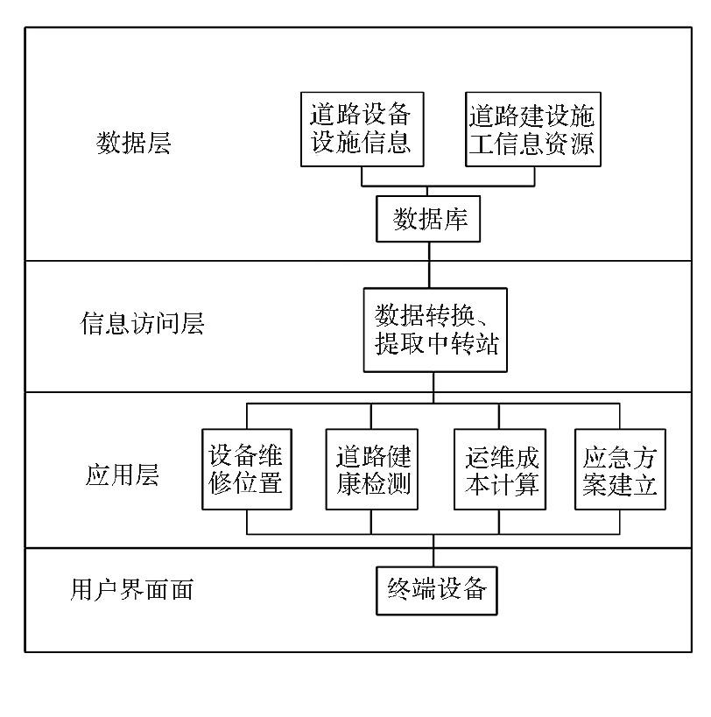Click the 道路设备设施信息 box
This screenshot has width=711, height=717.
362,128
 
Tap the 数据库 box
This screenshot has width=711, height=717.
430,219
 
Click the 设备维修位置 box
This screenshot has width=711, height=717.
246,469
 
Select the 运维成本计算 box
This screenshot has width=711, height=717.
499,469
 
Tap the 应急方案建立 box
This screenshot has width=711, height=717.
620,469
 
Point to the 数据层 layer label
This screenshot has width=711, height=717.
133,144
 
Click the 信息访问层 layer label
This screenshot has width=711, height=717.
143,325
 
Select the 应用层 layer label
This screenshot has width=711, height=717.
122,475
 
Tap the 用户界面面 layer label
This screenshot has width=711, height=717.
130,590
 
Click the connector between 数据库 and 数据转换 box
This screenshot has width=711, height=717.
429,264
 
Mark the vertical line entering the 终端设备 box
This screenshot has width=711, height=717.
433,553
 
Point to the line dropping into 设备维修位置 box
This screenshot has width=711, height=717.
247,416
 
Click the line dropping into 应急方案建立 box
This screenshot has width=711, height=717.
620,416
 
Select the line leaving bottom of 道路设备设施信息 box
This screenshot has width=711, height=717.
363,175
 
